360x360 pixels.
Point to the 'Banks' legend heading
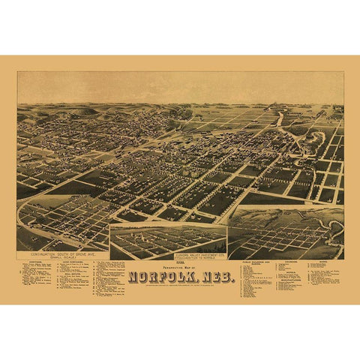tap(326, 262)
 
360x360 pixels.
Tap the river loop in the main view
tap(281, 120)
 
